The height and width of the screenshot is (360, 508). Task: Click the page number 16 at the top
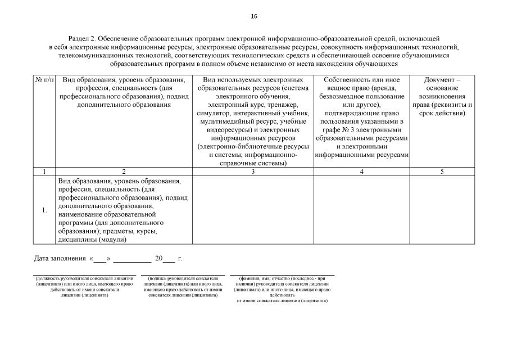click(254, 17)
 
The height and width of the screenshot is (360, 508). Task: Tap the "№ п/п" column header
click(44, 80)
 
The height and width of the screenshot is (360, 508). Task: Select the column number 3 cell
click(253, 172)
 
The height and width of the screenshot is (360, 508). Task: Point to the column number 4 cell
click(361, 172)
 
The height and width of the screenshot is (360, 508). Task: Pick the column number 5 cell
click(442, 172)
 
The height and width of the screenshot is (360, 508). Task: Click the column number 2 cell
click(124, 172)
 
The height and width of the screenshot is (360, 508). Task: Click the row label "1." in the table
click(44, 210)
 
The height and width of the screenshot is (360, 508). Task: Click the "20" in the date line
click(158, 259)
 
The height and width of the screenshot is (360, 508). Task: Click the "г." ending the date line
click(180, 259)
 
